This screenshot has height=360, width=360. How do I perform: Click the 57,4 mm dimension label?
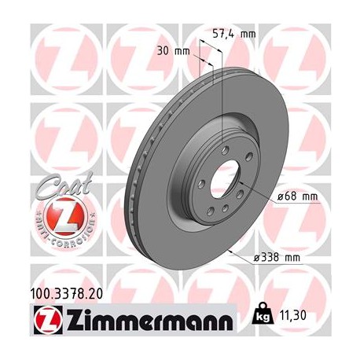pyautogui.click(x=235, y=34)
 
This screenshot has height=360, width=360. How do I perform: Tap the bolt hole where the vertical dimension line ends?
pyautogui.click(x=224, y=149)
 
